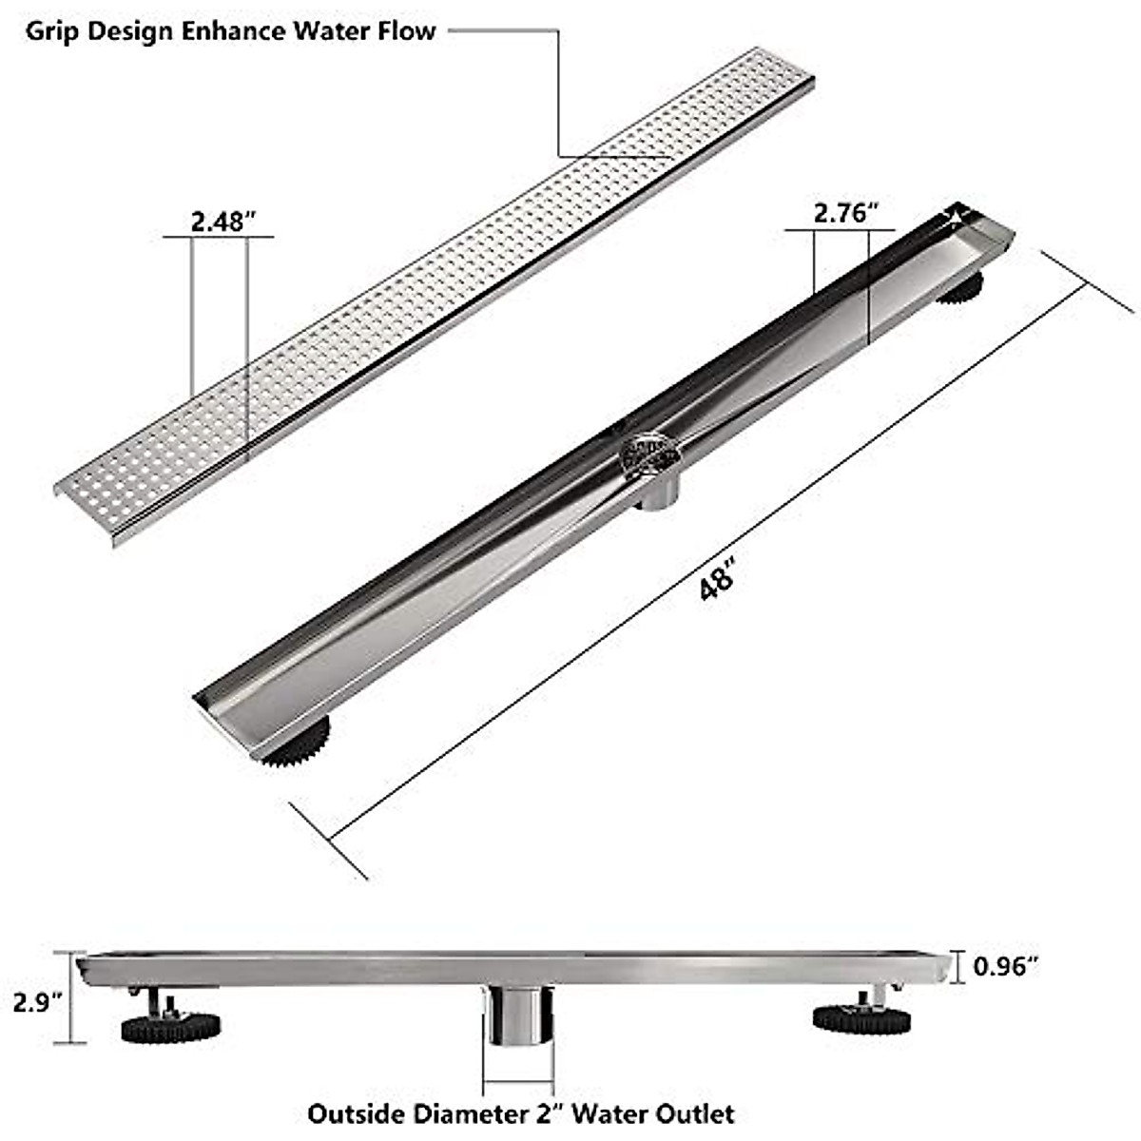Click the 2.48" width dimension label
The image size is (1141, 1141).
pyautogui.click(x=224, y=222)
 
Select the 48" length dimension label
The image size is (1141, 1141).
pyautogui.click(x=718, y=579)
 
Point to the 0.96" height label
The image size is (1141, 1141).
pyautogui.click(x=1004, y=966)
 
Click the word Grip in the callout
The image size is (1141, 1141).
pyautogui.click(x=47, y=30)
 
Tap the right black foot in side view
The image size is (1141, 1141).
pyautogui.click(x=861, y=1017)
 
